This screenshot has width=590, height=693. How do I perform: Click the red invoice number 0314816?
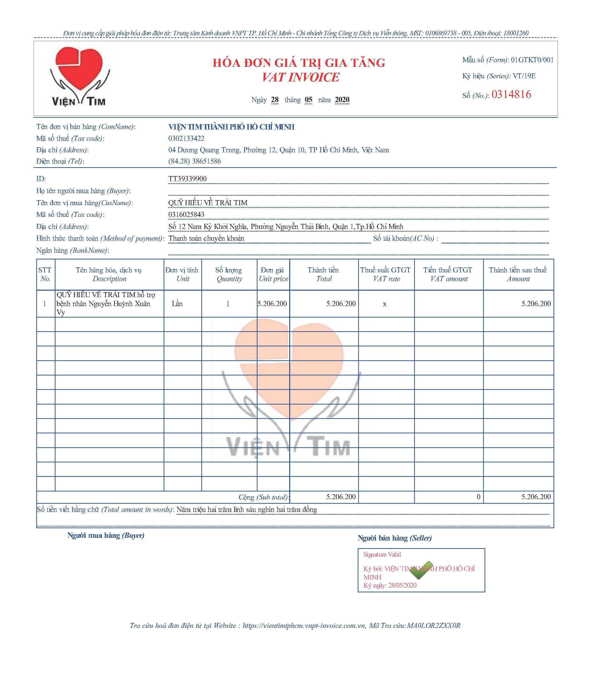click(511, 95)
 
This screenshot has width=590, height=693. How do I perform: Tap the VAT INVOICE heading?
click(300, 77)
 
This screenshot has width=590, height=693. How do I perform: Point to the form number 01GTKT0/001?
click(532, 60)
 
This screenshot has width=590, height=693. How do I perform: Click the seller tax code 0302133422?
click(186, 138)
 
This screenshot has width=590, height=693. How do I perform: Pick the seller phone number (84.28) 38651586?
click(194, 161)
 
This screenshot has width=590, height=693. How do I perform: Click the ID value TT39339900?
click(187, 179)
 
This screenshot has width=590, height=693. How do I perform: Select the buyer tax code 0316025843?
click(186, 215)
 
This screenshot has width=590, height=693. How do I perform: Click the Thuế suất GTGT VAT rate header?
click(386, 274)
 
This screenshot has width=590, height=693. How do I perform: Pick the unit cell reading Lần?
click(177, 304)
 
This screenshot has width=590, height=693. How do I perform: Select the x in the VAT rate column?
click(385, 304)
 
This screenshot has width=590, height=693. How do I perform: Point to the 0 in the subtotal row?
click(478, 497)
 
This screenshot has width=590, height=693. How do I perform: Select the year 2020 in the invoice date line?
click(342, 100)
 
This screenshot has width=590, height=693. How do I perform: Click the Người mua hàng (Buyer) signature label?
click(106, 535)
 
